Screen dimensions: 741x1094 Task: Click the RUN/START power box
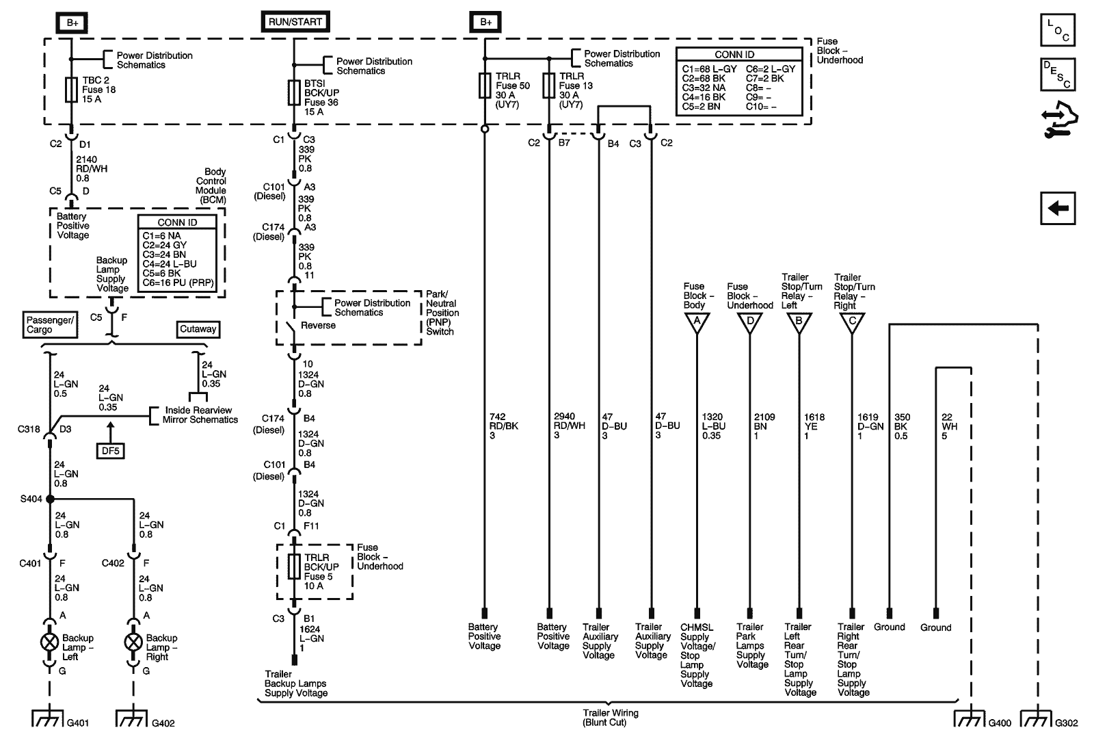point(294,22)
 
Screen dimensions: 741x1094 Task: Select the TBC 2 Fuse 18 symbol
point(71,90)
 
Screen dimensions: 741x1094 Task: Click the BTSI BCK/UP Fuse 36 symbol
point(294,92)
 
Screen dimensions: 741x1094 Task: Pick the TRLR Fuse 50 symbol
point(485,86)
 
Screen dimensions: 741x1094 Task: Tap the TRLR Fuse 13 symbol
point(548,86)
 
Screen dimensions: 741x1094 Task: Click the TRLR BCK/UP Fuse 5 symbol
point(294,567)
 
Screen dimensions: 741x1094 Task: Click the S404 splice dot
point(50,499)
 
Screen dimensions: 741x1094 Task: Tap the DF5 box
point(109,451)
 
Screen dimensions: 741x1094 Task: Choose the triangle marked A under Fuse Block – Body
point(697,322)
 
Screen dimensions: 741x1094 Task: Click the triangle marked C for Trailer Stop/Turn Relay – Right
point(851,322)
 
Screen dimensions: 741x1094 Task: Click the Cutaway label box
point(198,329)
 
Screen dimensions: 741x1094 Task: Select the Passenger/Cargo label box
point(50,325)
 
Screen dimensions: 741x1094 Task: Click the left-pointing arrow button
point(1058,207)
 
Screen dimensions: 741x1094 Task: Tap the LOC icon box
point(1058,29)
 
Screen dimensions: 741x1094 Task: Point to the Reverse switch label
point(318,326)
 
